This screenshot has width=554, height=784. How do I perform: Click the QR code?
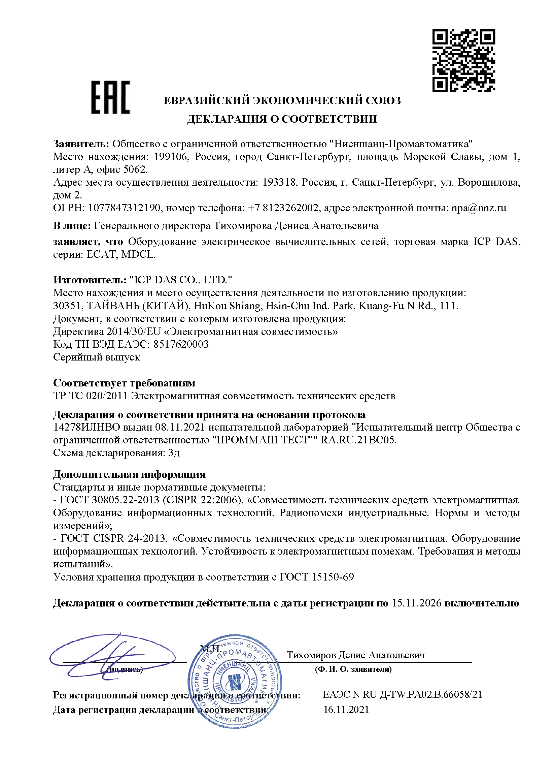(x=463, y=60)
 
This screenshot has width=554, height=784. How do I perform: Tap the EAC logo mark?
(x=110, y=97)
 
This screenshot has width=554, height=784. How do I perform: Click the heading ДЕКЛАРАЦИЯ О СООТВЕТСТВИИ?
(x=282, y=119)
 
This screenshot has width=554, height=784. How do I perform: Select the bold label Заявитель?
(x=81, y=144)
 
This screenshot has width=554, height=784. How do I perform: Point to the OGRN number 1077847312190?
(x=124, y=208)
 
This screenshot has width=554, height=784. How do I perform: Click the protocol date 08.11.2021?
(x=180, y=427)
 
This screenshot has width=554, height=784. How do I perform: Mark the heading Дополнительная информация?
(x=129, y=474)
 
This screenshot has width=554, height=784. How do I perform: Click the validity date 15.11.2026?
(x=417, y=603)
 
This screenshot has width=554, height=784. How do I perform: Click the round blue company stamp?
(x=235, y=681)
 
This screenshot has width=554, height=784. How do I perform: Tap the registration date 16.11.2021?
(x=346, y=710)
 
